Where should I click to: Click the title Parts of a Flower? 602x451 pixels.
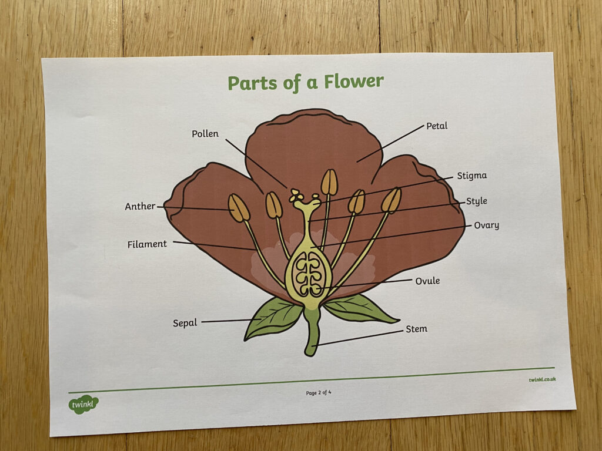306,82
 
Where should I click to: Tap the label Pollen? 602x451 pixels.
205,133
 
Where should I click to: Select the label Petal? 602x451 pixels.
437,126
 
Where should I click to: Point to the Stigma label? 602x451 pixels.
472,176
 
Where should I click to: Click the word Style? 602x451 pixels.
476,201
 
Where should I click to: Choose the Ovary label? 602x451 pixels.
486,225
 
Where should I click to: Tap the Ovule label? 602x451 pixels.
427,281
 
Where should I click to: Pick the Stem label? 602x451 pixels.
417,329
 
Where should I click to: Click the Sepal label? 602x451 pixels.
185,323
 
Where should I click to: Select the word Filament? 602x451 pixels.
147,244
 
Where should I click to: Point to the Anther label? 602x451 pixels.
140,206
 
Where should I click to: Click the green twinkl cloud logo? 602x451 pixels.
83,404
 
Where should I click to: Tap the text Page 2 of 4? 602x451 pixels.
318,393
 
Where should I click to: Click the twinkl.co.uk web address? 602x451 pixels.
542,379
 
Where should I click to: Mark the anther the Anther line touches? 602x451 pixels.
239,208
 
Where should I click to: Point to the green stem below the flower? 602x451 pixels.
312,332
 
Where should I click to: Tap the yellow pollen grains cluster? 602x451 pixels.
296,195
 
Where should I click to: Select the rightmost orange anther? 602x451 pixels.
391,200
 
